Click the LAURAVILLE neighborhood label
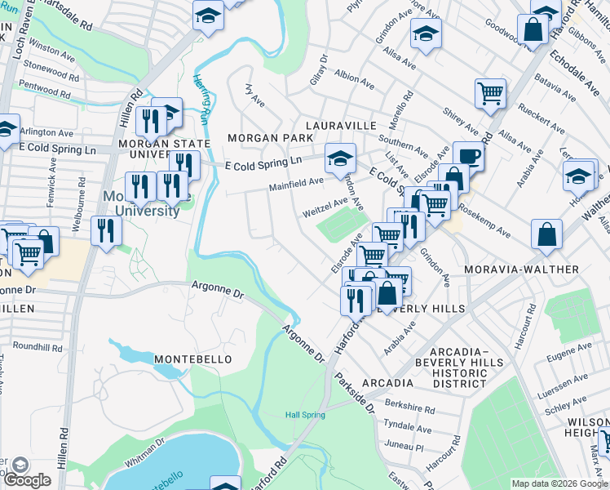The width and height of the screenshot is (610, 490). [341, 126]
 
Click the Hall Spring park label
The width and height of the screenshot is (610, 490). [305, 415]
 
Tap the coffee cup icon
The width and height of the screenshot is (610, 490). [468, 156]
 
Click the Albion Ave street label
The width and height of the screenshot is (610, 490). [354, 79]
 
